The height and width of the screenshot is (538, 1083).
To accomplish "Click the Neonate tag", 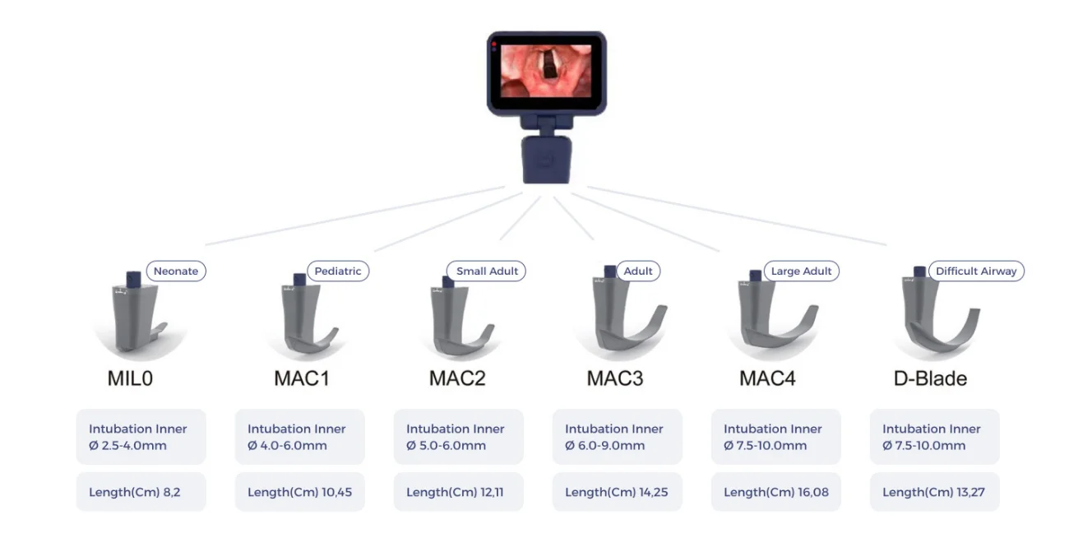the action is [176, 271].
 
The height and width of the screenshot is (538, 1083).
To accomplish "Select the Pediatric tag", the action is [338, 271].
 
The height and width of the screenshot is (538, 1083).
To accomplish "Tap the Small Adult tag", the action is [486, 271].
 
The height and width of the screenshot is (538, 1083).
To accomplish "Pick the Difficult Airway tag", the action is [976, 271].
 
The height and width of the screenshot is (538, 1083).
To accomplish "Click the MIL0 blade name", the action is [130, 378].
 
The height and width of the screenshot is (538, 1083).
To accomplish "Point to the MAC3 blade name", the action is [615, 378].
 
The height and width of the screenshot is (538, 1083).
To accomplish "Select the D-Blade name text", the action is [930, 378].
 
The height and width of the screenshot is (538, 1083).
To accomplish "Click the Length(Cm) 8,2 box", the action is [141, 492].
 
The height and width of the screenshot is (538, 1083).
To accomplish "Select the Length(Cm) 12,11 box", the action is [458, 492].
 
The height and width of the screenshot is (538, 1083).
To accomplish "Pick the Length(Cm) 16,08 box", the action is [776, 492].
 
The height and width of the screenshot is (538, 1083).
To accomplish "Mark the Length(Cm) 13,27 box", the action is [935, 492].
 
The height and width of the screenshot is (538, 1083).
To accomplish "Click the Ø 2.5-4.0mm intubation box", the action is [141, 437].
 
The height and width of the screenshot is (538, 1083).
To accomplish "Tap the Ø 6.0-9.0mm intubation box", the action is [618, 437].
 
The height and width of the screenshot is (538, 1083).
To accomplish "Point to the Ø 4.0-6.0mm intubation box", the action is [300, 437].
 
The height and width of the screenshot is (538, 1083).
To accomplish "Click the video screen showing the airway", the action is [546, 71].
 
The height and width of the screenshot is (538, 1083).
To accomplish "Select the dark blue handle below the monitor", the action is [546, 160].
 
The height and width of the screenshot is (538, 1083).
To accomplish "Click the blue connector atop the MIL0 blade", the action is [133, 279].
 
